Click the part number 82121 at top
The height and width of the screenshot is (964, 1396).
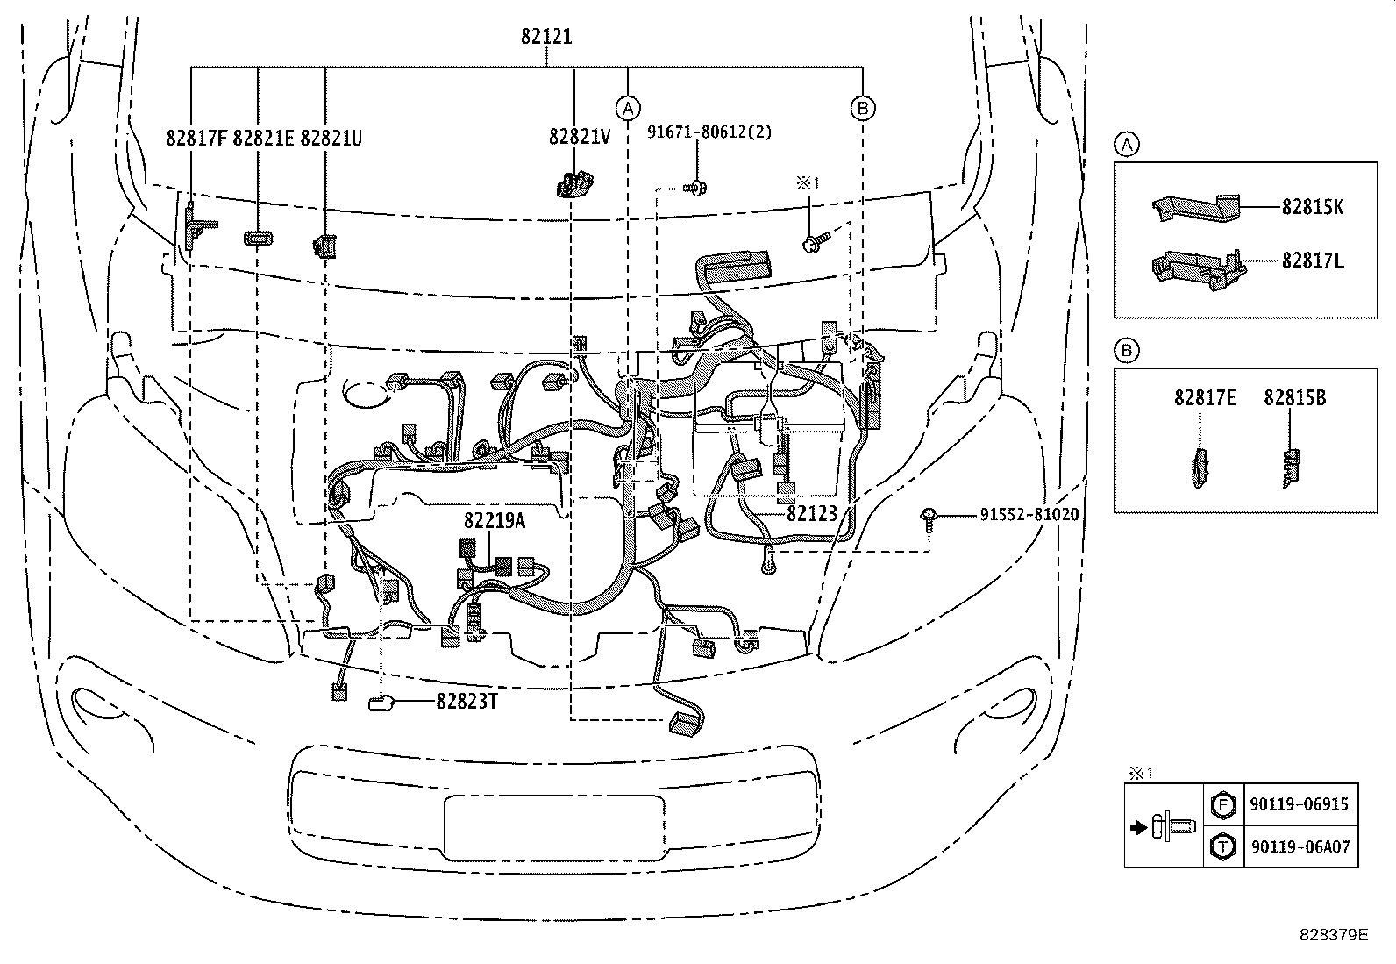tap(545, 37)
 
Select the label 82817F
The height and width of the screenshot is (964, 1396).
tap(196, 138)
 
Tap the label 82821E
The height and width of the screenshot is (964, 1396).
tap(263, 138)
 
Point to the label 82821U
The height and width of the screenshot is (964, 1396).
tap(331, 138)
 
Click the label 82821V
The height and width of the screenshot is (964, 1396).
tap(580, 138)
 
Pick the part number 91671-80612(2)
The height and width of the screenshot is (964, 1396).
tap(709, 132)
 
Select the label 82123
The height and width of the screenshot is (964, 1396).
tap(811, 514)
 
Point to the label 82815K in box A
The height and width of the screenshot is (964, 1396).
tap(1313, 207)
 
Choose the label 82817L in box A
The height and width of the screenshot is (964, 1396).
tap(1313, 261)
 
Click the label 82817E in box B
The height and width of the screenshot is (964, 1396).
tap(1205, 397)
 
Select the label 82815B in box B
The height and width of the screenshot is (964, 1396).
tap(1294, 397)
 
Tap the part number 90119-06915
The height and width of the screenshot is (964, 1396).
tap(1300, 804)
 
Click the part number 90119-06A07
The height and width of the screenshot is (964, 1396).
tap(1300, 847)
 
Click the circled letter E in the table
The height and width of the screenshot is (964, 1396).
tap(1221, 804)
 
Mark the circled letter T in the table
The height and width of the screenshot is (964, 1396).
tap(1221, 847)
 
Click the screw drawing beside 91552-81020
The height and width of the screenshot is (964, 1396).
tap(928, 518)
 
